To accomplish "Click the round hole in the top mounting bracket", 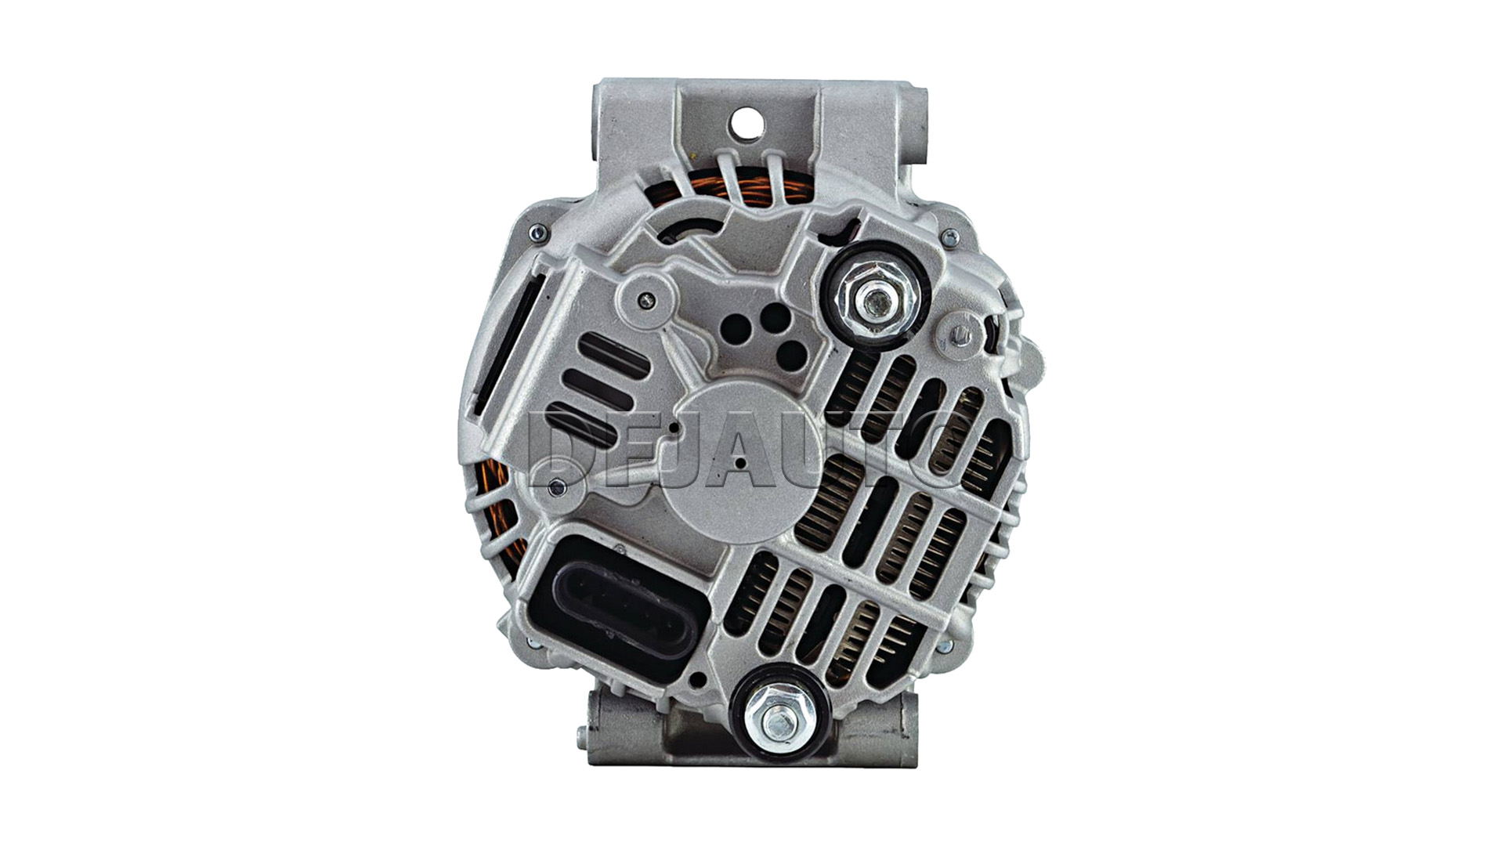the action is pyautogui.click(x=741, y=121).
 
